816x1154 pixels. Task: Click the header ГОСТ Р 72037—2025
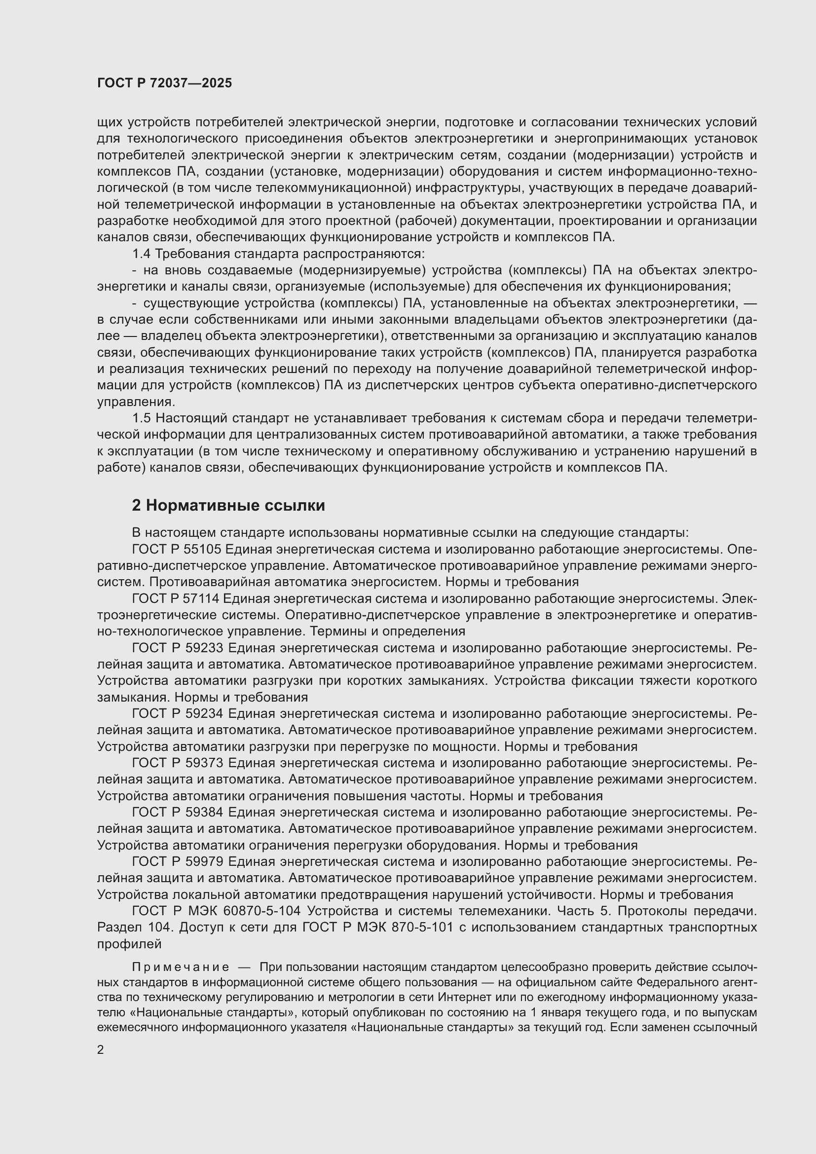pyautogui.click(x=164, y=83)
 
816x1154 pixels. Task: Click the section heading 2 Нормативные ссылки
pyautogui.click(x=228, y=506)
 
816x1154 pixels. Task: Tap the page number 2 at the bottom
pyautogui.click(x=101, y=1050)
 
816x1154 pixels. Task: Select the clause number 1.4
pyautogui.click(x=142, y=254)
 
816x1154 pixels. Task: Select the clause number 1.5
pyautogui.click(x=142, y=418)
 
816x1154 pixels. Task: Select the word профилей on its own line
pyautogui.click(x=129, y=944)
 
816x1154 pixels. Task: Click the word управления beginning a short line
pyautogui.click(x=136, y=402)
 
